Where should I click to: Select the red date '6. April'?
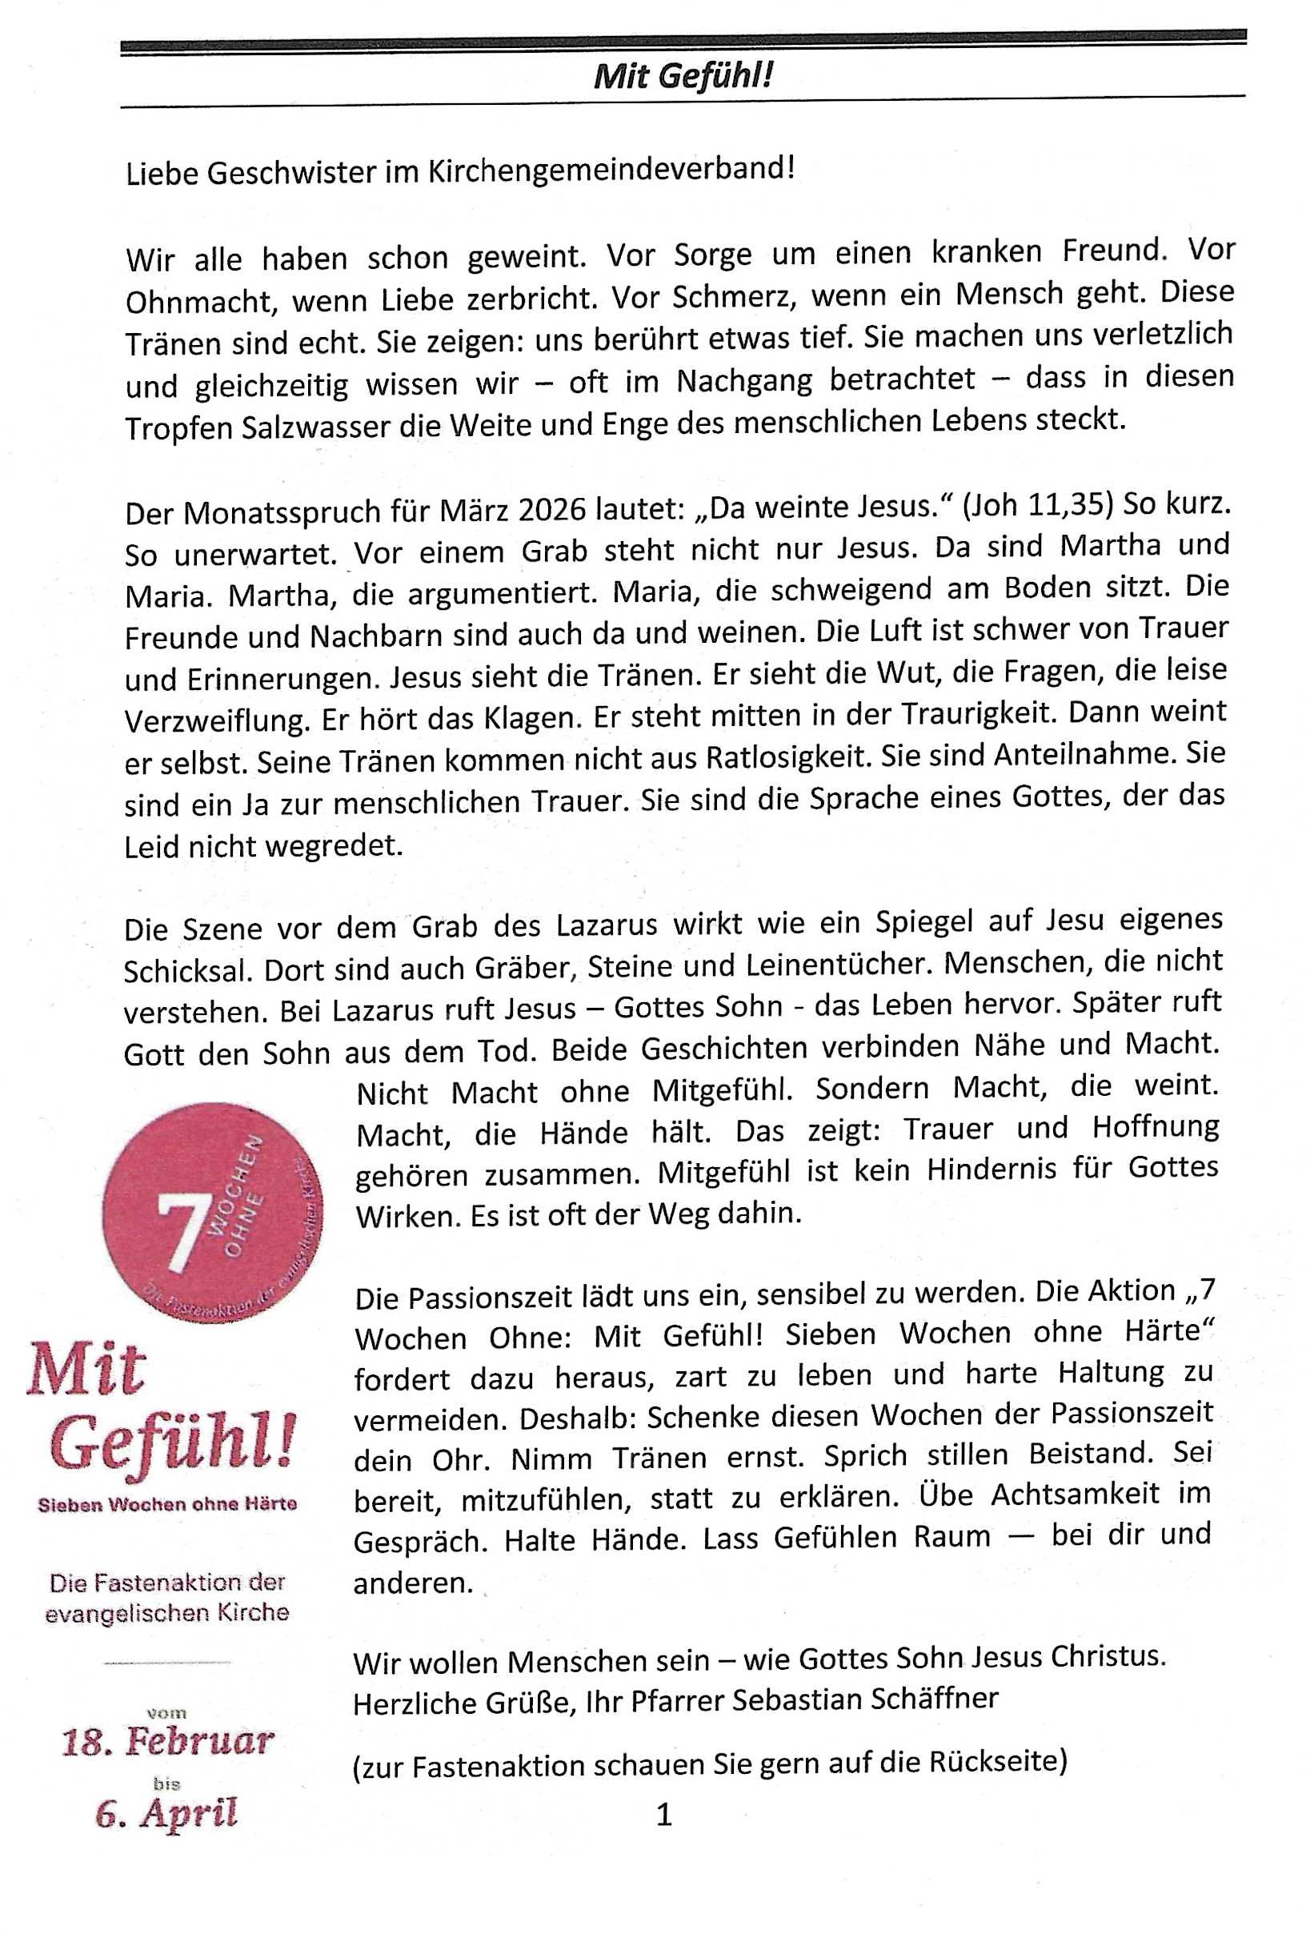tap(166, 1813)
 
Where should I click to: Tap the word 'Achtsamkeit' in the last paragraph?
tap(1074, 1494)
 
